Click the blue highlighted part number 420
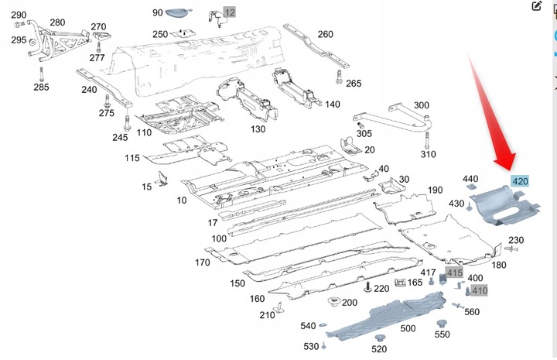point(520,181)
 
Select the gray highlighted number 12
point(230,13)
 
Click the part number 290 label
point(19,15)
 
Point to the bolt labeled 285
point(42,74)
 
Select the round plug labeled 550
point(442,324)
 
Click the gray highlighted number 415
point(454,273)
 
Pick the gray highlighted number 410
point(479,290)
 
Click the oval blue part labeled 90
point(178,12)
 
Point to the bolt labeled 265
point(339,77)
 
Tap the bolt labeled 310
point(427,140)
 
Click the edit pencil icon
point(536,5)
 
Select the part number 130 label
point(258,129)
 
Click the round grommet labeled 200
point(333,302)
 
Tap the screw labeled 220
point(367,286)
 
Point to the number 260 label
point(326,34)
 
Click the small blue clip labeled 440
point(470,187)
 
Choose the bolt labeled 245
point(127,123)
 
